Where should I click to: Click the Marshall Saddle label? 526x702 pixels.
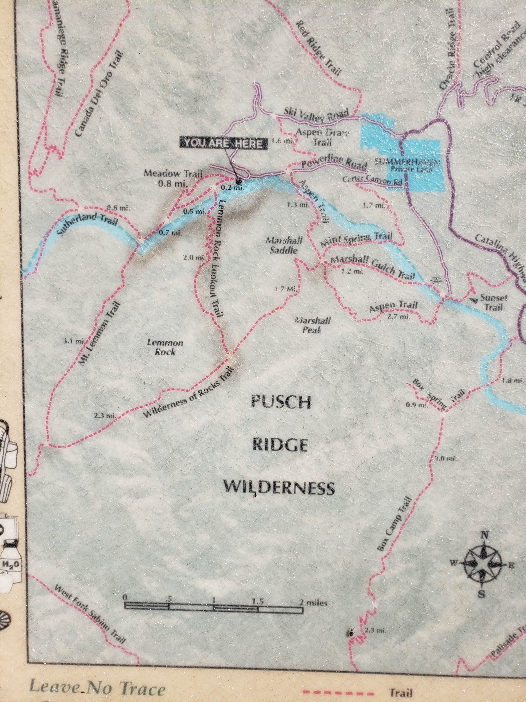pyautogui.click(x=284, y=245)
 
